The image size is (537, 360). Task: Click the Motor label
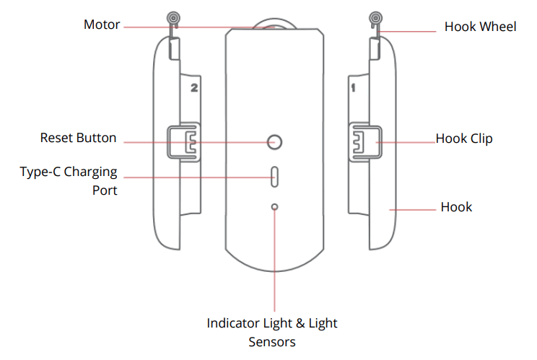pyautogui.click(x=102, y=25)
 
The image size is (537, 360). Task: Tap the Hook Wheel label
pyautogui.click(x=480, y=27)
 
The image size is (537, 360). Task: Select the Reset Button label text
pyautogui.click(x=78, y=138)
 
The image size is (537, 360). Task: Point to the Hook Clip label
pyautogui.click(x=464, y=138)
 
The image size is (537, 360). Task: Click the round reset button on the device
pyautogui.click(x=274, y=141)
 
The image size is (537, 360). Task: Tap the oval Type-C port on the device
pyautogui.click(x=274, y=176)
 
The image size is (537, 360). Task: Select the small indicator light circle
pyautogui.click(x=274, y=207)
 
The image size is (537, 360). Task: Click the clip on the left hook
pyautogui.click(x=183, y=141)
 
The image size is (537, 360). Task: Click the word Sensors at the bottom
pyautogui.click(x=272, y=341)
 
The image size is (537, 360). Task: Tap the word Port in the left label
pyautogui.click(x=104, y=190)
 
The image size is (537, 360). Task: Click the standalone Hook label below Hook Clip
pyautogui.click(x=456, y=207)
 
